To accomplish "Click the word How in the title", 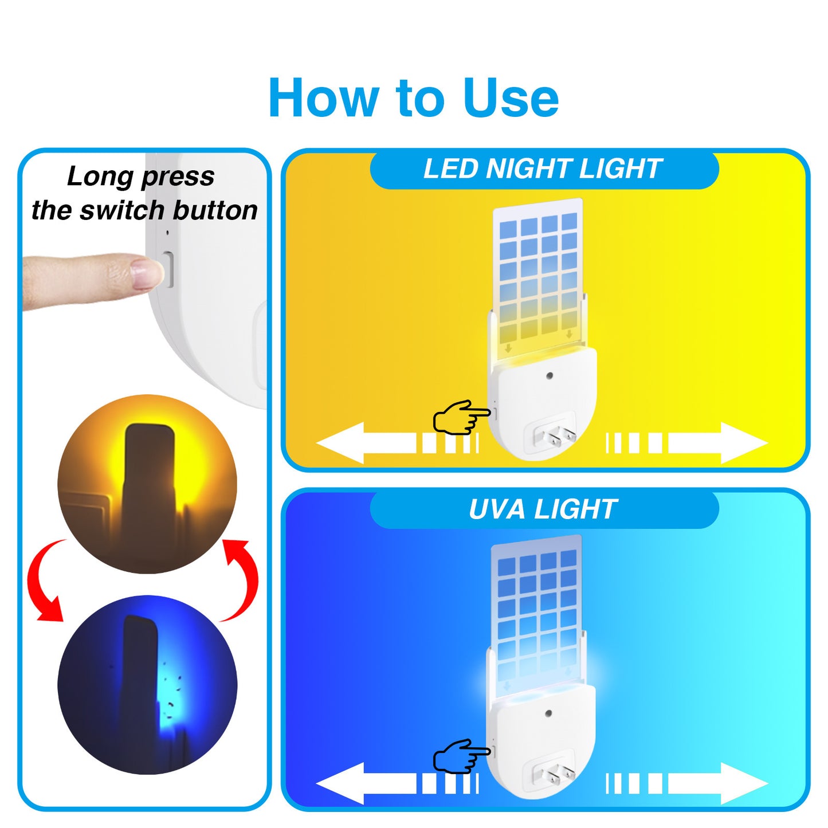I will [x=325, y=99].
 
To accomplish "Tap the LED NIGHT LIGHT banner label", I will [x=543, y=169].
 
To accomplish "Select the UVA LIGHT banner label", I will [x=543, y=509].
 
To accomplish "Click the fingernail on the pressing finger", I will [x=144, y=273].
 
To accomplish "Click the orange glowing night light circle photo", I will [x=147, y=484].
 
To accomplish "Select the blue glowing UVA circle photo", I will [x=147, y=685].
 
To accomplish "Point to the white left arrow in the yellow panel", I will [x=367, y=443].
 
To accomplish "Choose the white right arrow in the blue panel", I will [x=716, y=783].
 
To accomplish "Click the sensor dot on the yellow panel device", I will [x=550, y=376].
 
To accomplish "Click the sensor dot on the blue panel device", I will [x=549, y=714].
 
